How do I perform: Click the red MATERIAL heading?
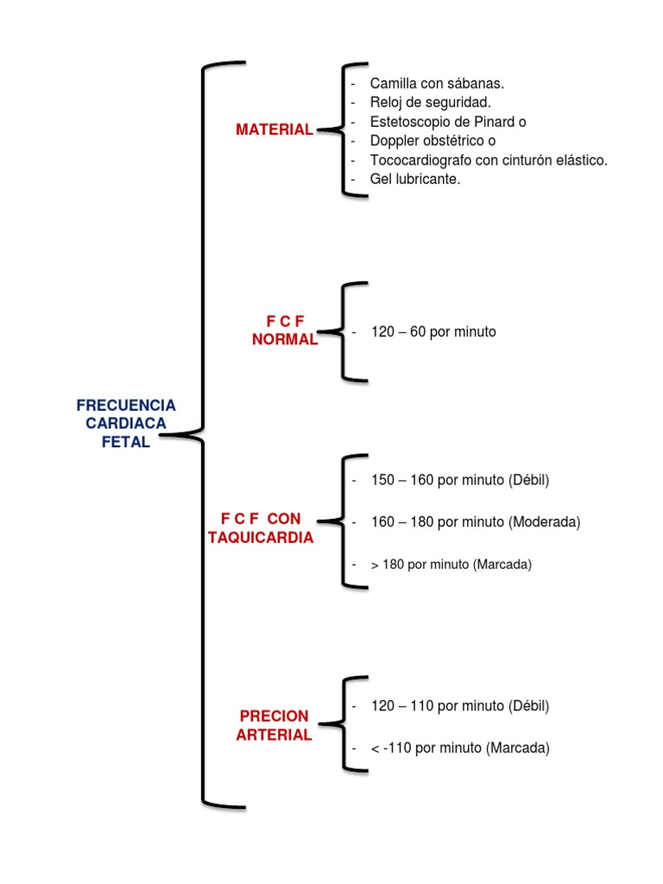(x=275, y=129)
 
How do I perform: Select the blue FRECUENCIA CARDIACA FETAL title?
(x=126, y=423)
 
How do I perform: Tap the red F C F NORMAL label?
(x=285, y=331)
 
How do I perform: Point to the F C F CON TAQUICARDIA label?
(x=261, y=527)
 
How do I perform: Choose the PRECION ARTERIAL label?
(x=274, y=725)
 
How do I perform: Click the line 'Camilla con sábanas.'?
(x=437, y=84)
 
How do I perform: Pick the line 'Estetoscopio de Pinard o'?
(x=448, y=122)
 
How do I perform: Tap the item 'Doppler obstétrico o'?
(x=433, y=141)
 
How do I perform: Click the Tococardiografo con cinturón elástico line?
(x=489, y=161)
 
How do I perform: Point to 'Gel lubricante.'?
(x=415, y=180)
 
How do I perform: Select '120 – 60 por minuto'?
(x=433, y=331)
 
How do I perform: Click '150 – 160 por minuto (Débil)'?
(x=460, y=479)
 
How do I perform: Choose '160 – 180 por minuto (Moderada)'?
(x=476, y=521)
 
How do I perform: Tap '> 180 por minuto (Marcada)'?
(x=451, y=565)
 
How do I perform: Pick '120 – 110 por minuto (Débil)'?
(x=460, y=705)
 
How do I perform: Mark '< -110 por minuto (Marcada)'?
(x=460, y=748)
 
